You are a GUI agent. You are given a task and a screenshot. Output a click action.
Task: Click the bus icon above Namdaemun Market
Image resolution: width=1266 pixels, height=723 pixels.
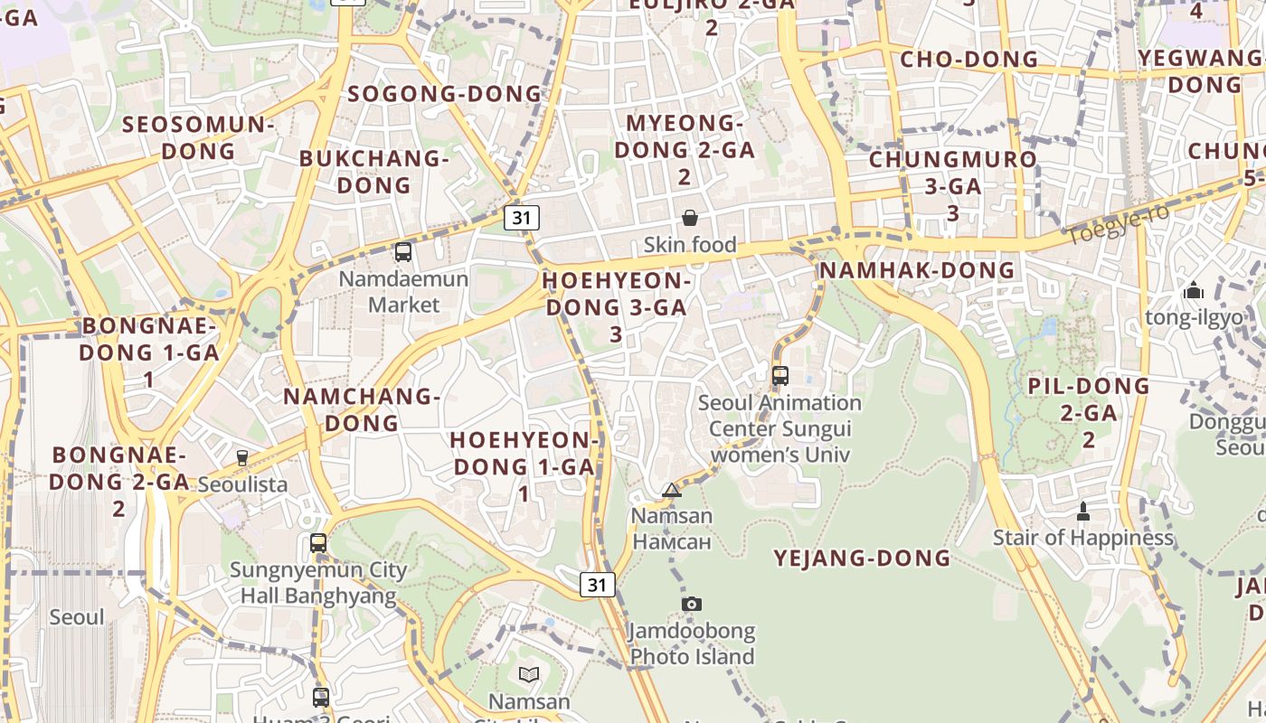[403, 252]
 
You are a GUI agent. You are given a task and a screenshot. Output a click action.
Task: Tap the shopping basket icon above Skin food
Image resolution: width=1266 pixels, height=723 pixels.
[689, 218]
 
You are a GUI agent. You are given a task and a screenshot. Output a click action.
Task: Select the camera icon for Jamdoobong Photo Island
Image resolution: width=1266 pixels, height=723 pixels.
[692, 604]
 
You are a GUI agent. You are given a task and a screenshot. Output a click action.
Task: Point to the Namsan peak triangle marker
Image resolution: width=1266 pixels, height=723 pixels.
[671, 491]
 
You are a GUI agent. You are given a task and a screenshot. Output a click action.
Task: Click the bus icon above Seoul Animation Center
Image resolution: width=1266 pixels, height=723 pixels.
[780, 375]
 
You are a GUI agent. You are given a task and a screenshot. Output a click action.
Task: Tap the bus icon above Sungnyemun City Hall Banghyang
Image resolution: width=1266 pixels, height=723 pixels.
[318, 542]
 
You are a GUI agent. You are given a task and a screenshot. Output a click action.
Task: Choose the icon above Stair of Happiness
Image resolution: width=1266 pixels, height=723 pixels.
[1082, 512]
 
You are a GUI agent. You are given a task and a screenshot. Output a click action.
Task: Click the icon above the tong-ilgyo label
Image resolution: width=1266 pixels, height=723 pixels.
[1194, 291]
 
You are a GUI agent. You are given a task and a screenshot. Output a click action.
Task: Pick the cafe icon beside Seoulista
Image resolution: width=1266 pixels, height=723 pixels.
[242, 458]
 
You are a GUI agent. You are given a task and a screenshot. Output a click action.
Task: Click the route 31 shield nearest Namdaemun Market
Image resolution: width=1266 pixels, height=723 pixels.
[521, 217]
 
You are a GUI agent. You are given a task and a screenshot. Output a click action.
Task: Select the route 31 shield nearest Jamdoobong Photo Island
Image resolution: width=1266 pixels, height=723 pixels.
[597, 585]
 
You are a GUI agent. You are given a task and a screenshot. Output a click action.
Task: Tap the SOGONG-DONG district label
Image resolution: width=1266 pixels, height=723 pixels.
[444, 94]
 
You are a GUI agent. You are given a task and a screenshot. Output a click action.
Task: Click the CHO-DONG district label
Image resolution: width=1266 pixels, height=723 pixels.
[968, 60]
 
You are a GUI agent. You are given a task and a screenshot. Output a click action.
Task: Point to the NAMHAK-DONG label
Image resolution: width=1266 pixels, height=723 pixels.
[916, 270]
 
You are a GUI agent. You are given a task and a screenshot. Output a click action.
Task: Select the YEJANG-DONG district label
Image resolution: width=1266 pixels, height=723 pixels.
[862, 559]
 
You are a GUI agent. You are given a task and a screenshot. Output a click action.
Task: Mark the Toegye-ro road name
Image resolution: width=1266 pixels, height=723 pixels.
[1118, 225]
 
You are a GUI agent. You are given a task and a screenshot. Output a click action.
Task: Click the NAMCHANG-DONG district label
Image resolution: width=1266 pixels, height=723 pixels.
[362, 409]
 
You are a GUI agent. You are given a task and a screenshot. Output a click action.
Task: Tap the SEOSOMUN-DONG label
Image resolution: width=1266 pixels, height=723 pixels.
[199, 137]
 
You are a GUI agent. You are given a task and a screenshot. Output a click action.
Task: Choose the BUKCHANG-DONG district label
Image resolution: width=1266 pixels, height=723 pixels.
[374, 172]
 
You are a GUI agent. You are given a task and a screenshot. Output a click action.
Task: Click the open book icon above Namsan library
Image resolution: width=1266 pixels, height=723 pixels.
[529, 674]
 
